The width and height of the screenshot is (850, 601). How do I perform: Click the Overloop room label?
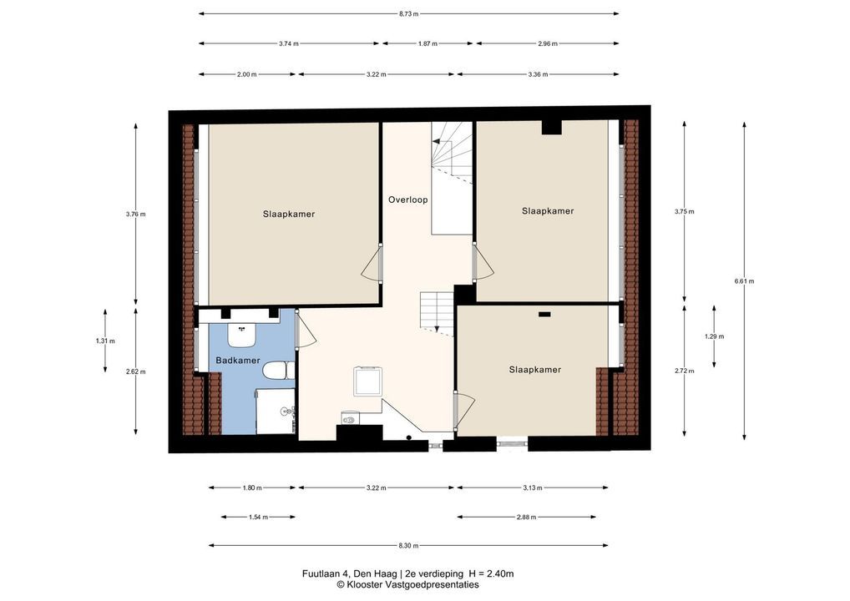coord(407,200)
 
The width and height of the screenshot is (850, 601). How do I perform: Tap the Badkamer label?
coord(238,361)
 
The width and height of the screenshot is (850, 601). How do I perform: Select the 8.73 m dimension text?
coord(408,14)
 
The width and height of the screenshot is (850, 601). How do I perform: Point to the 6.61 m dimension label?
coord(744,280)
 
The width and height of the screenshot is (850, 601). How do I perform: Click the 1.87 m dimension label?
coord(428,44)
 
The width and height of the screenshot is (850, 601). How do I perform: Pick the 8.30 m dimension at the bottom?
coord(408,546)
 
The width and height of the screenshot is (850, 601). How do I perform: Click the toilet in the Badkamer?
coord(276,371)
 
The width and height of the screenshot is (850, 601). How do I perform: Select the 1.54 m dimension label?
coord(258,517)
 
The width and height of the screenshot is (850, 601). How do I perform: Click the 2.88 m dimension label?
coord(526,517)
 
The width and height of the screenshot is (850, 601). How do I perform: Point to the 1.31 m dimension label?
coord(105,341)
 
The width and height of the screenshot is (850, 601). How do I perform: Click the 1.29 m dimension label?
coord(714,336)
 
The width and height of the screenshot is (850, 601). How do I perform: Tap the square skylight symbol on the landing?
coord(368,381)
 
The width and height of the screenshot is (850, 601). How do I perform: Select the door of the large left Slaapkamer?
coord(372,262)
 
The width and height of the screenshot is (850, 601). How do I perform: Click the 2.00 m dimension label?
coord(246,75)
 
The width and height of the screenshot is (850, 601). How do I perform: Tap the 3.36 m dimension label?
coord(538,75)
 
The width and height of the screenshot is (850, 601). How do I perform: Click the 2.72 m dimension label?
coord(684,371)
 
